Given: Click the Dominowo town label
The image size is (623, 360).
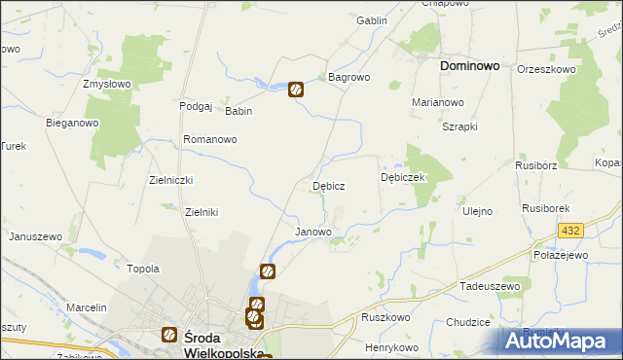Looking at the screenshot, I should [469, 66].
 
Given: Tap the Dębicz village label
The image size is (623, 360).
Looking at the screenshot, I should [327, 185].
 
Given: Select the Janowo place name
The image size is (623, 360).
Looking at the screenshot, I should [312, 233].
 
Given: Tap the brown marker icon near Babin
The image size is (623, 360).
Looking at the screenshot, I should [296, 90].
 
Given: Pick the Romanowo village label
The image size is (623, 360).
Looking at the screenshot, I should [210, 139].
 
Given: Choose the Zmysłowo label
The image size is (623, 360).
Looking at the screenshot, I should [107, 84].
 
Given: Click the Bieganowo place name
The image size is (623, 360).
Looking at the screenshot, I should [73, 124].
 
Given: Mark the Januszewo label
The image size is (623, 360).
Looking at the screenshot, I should [35, 236].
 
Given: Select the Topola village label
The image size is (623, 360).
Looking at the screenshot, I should [143, 269].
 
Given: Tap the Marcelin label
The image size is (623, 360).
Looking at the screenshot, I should [86, 307].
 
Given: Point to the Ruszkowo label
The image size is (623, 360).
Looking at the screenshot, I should [385, 317].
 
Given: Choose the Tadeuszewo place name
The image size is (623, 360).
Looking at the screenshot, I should [492, 289].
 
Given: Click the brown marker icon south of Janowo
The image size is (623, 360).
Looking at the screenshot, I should [268, 271].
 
